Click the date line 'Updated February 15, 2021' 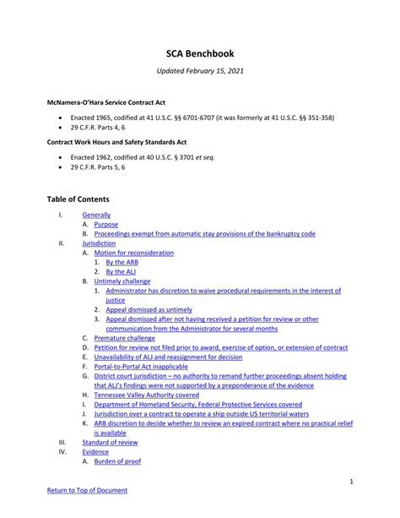click(x=199, y=74)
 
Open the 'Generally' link click(x=96, y=215)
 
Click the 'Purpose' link click(x=106, y=225)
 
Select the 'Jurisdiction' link click(x=99, y=243)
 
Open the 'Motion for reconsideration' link click(x=133, y=253)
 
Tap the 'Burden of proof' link click(x=117, y=461)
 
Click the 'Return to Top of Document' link click(x=87, y=490)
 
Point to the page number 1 click(x=350, y=481)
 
